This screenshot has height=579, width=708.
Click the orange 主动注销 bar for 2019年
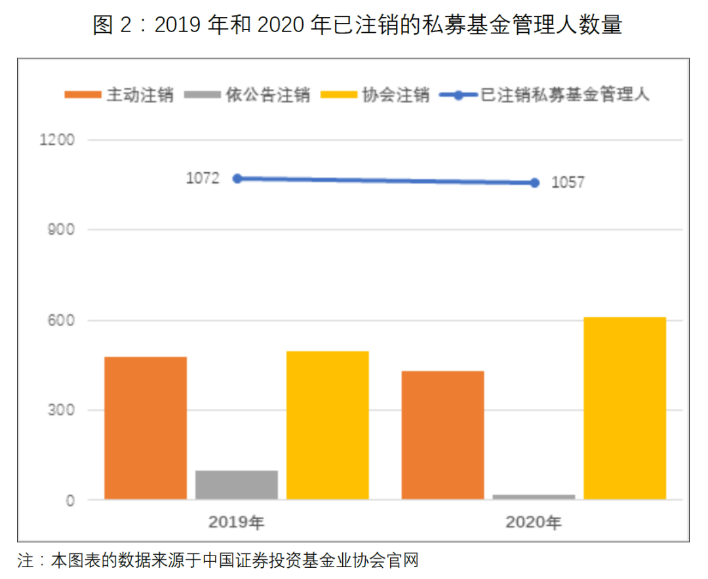click(146, 428)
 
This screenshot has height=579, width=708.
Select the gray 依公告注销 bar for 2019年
click(237, 485)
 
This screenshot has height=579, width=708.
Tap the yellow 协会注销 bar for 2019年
click(328, 425)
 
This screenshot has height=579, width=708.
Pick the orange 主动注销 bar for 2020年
click(442, 435)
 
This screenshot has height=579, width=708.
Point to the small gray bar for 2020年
click(534, 497)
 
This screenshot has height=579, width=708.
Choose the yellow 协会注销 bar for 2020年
click(625, 408)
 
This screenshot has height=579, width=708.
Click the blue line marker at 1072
click(237, 178)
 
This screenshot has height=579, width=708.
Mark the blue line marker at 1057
click(534, 183)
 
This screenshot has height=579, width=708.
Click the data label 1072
click(203, 178)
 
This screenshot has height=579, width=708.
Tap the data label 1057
click(568, 184)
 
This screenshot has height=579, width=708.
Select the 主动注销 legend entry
click(120, 95)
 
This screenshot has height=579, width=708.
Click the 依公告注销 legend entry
click(248, 95)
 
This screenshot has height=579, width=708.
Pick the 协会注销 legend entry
click(376, 95)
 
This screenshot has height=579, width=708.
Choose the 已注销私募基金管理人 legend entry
click(545, 95)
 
